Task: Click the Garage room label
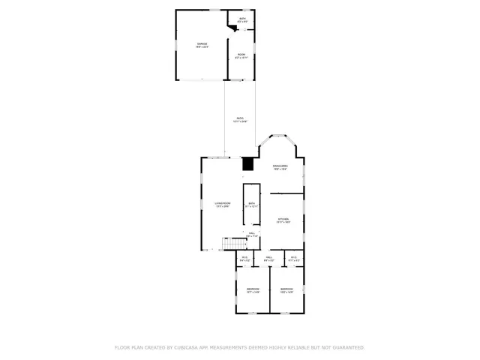202,45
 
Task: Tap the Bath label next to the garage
241,19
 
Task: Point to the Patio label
240,119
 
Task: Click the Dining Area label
280,168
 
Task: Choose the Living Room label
222,205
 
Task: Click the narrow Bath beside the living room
250,204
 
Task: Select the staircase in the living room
233,244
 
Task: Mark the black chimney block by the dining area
249,164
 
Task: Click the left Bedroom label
253,290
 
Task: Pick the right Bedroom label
286,290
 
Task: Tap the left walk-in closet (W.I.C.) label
244,259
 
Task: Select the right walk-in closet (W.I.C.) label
293,259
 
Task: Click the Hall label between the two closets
269,259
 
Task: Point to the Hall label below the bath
252,235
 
